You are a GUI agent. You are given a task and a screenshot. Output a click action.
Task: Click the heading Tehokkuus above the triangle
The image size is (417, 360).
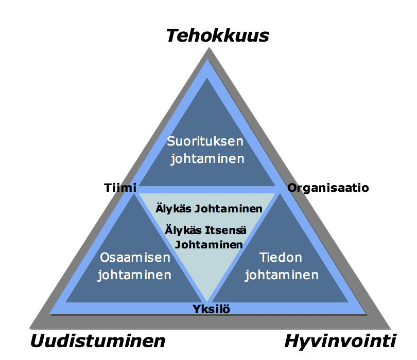(x=217, y=35)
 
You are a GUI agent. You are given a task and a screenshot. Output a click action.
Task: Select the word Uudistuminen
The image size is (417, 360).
(x=98, y=341)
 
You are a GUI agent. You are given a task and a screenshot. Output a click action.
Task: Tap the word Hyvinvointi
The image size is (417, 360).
(x=340, y=341)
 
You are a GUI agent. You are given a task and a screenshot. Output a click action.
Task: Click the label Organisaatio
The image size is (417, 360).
(x=328, y=188)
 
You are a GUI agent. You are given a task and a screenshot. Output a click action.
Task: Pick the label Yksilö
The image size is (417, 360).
(x=212, y=309)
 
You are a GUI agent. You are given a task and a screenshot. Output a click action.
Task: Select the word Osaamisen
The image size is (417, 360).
(x=134, y=257)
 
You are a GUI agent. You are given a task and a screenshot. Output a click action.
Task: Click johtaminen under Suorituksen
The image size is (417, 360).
(x=207, y=159)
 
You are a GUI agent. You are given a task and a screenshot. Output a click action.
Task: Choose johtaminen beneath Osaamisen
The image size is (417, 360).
(x=134, y=275)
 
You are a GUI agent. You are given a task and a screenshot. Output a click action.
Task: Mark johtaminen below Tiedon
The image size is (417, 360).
(x=282, y=275)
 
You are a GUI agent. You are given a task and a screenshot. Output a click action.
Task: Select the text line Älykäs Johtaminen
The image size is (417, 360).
(x=209, y=209)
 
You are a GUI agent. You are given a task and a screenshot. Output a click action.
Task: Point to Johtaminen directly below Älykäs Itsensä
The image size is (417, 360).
(x=208, y=245)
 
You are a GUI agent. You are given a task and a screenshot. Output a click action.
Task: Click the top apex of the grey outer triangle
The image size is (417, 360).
(x=208, y=48)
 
